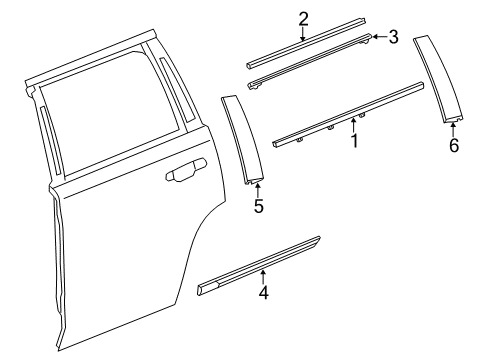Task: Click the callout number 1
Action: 352,142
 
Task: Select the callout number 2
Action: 303,17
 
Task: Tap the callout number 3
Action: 393,38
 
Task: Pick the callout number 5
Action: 258,207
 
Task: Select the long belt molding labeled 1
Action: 350,112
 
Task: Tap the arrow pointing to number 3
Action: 378,38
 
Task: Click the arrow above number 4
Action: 263,278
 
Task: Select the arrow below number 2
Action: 303,34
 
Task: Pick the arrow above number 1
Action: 352,125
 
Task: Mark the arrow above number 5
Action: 258,190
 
